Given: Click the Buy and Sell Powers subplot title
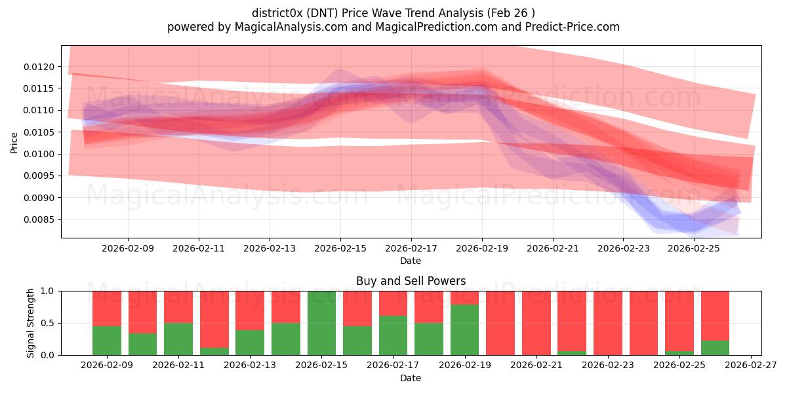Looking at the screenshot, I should tap(411, 281).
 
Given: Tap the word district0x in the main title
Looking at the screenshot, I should tap(277, 13).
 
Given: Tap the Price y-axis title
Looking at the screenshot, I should tap(14, 141).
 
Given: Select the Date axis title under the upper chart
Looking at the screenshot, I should tap(411, 261).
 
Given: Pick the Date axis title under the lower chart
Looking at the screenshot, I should tap(411, 378).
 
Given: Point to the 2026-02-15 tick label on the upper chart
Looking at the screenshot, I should tap(340, 248).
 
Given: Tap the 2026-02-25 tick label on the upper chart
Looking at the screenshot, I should tap(695, 248).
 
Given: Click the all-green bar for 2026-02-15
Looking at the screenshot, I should tap(321, 323).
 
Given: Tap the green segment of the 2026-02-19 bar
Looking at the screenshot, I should tap(464, 329).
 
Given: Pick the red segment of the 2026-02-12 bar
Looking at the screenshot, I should tap(214, 319).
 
